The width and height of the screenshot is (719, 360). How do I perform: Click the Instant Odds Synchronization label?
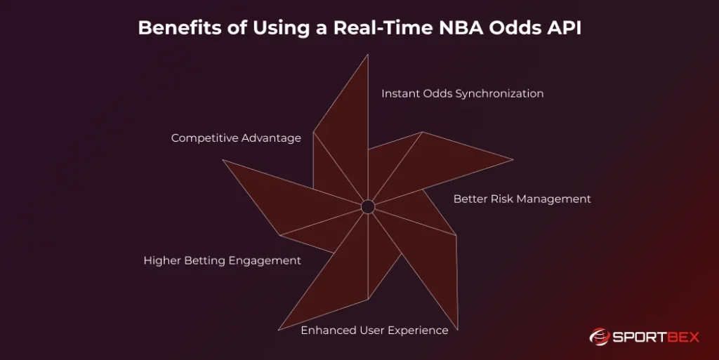[x=462, y=93]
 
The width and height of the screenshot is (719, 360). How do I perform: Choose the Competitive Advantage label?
[x=236, y=138]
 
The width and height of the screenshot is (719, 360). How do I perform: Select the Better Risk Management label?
[x=522, y=199]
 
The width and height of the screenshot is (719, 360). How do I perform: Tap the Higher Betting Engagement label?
[x=222, y=260]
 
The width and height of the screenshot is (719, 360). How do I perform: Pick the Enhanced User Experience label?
[x=374, y=330]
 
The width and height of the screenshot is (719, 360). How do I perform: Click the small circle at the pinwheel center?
[x=367, y=206]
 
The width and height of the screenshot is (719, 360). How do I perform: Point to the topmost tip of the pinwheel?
[x=368, y=56]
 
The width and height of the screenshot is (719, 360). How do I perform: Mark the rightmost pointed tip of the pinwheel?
[x=512, y=159]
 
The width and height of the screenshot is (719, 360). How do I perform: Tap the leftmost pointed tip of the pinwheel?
[x=224, y=161]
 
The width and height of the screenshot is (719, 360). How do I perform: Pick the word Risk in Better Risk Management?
[x=501, y=199]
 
